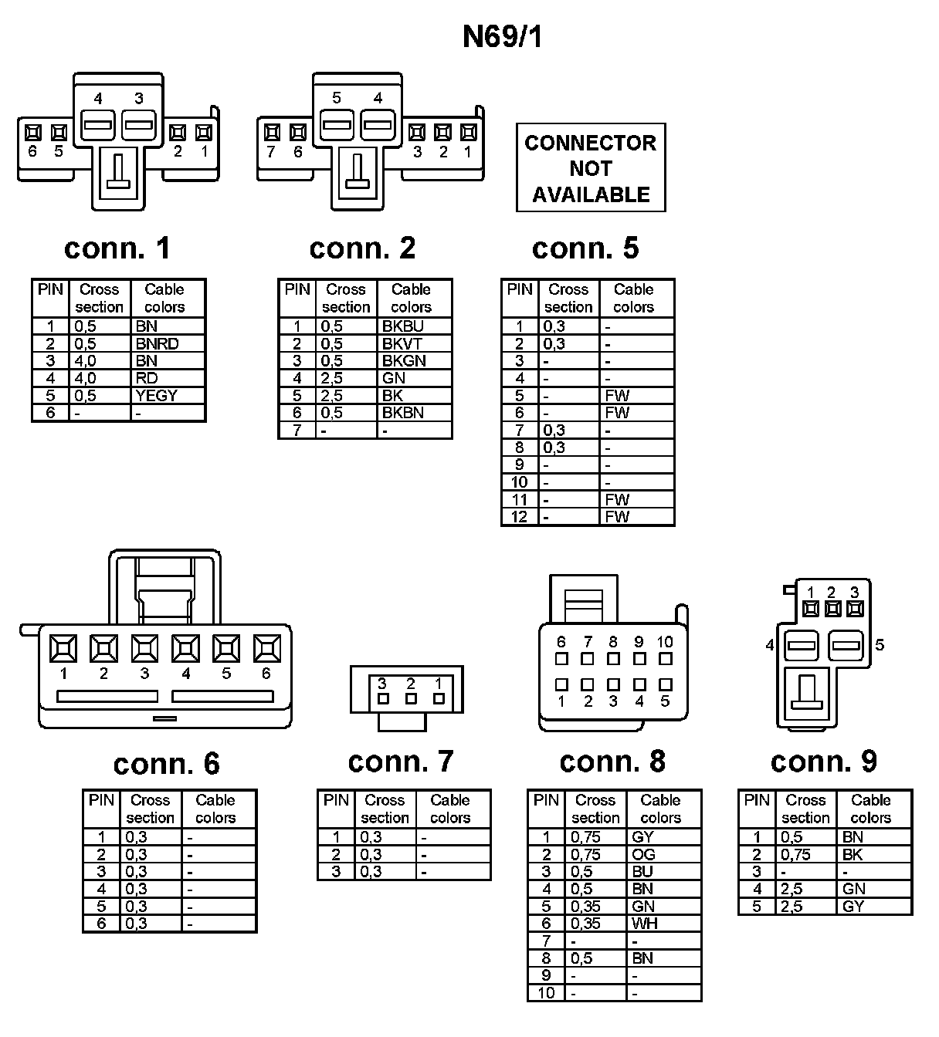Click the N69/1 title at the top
pos(503,37)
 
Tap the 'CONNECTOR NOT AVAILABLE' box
pos(591,168)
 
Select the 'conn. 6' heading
pos(166,764)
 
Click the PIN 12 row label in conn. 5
pos(520,517)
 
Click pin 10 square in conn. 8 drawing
pos(665,659)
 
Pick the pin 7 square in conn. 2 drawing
pos(271,132)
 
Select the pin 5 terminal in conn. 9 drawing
pos(846,645)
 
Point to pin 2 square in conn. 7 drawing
pos(411,698)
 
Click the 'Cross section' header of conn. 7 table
pos(385,809)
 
